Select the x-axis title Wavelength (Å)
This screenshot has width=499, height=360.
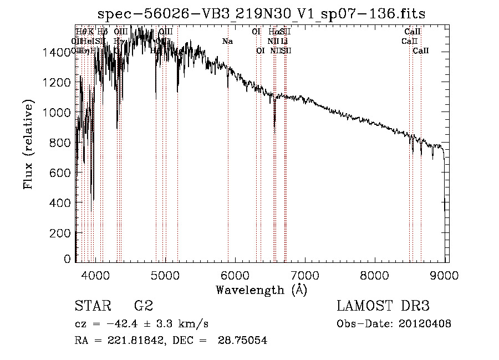point(261,290)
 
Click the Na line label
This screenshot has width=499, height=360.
point(227,42)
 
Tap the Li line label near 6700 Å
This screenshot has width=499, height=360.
point(284,41)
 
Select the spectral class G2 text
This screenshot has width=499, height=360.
point(144,306)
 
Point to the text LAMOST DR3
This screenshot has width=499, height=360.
point(383,306)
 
